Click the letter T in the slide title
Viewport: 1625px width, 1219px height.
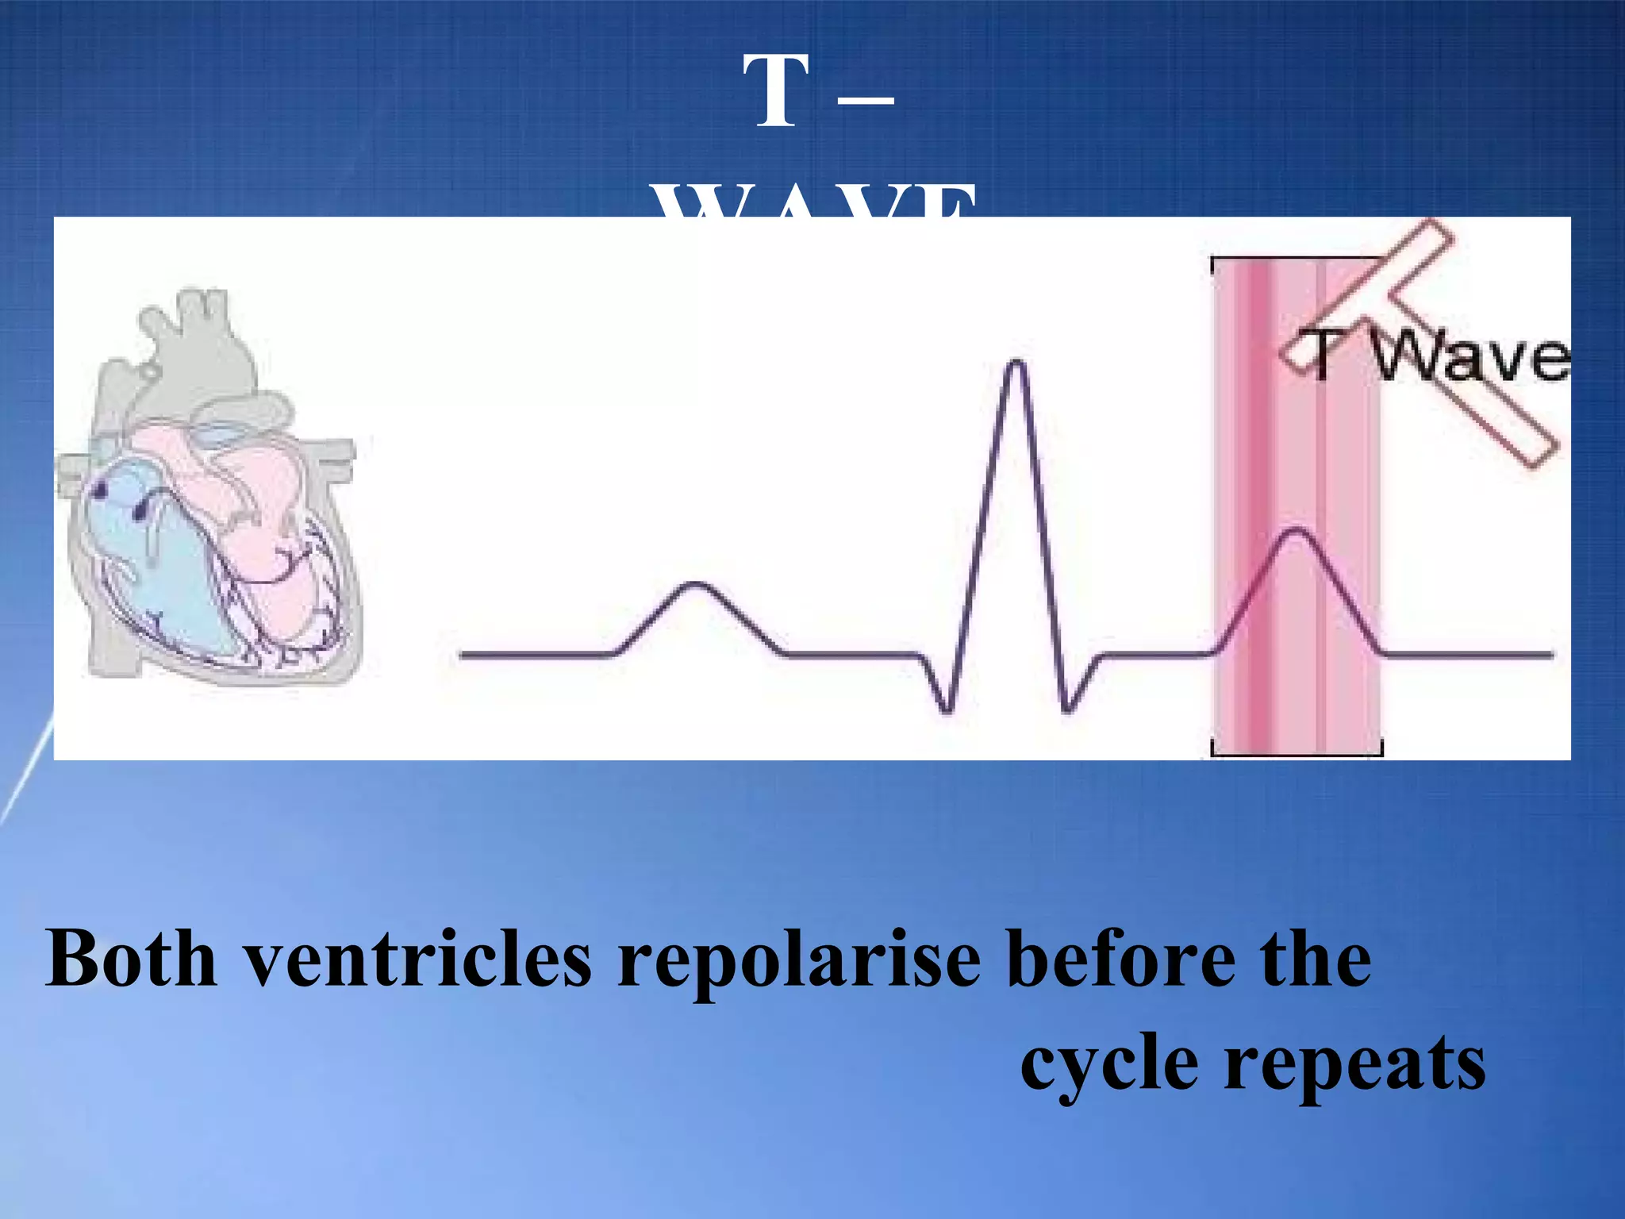point(776,92)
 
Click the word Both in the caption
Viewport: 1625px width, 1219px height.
point(131,959)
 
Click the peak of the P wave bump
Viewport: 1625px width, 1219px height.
point(695,586)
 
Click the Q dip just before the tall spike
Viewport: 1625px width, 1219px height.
point(946,709)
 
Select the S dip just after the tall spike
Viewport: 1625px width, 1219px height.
point(1066,709)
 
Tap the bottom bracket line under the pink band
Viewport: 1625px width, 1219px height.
point(1297,753)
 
